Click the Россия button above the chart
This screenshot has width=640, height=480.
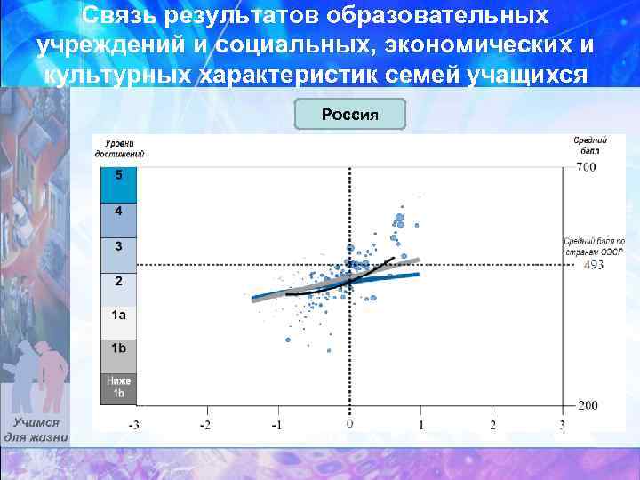349,116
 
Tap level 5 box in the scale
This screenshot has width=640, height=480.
119,184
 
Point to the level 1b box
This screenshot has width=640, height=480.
119,355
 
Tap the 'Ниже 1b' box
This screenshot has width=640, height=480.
119,388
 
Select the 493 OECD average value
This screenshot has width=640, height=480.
593,265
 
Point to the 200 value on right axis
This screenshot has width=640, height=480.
587,405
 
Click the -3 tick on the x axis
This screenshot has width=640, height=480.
133,425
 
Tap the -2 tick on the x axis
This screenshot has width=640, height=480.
205,425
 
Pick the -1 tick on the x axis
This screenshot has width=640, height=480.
276,425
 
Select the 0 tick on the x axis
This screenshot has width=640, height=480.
349,425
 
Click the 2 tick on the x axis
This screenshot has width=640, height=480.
492,425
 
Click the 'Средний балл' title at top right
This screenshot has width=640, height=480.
589,145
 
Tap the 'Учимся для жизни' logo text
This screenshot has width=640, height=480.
36,430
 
